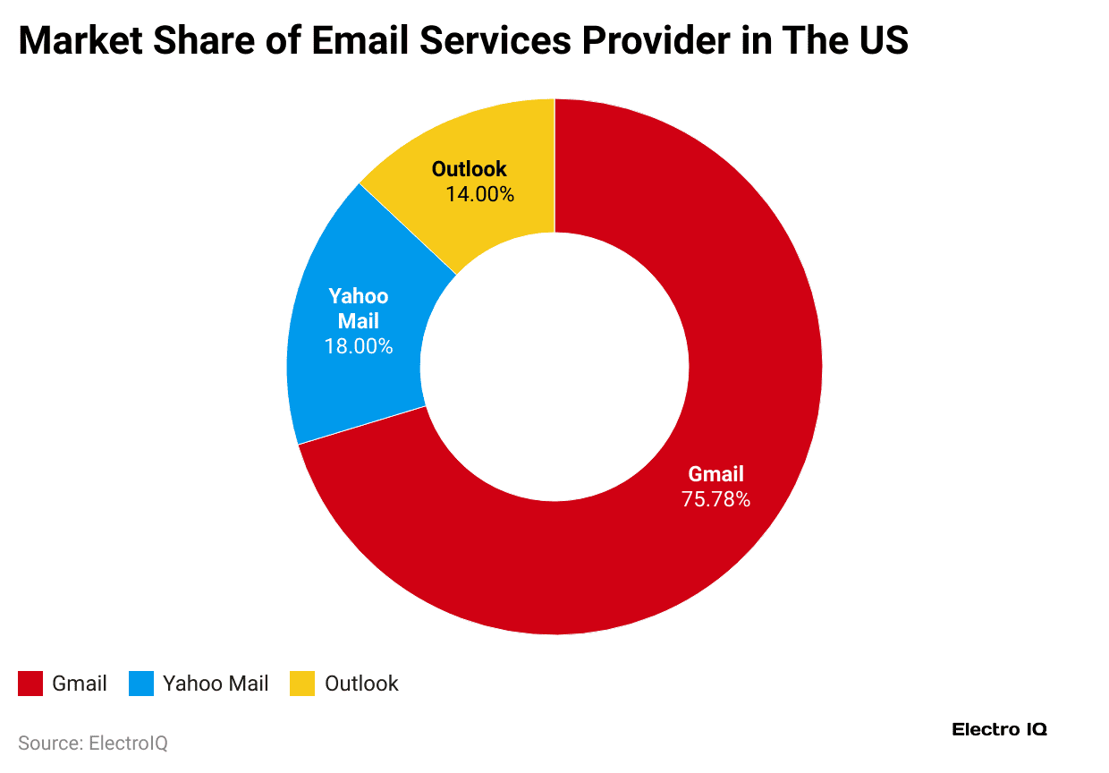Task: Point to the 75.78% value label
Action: [715, 499]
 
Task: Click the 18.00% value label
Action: [358, 346]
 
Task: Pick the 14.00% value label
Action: [479, 193]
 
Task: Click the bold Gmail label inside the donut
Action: [715, 474]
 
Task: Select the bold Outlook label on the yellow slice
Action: [469, 168]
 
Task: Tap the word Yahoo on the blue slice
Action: [358, 296]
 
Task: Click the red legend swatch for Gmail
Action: [30, 684]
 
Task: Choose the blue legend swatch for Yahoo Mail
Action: [141, 684]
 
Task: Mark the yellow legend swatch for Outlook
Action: [302, 684]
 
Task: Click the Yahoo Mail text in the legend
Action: [216, 684]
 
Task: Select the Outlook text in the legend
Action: [361, 684]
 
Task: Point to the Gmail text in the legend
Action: [80, 684]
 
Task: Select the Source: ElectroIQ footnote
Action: [93, 743]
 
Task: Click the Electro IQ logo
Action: [999, 729]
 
